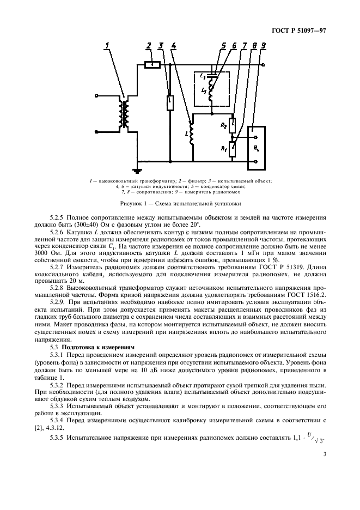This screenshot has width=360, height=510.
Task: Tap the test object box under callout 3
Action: click(170, 102)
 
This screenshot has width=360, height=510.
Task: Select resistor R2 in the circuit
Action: click(233, 126)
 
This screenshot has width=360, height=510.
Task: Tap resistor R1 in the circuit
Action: click(233, 148)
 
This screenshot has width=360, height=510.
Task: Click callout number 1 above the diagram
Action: click(108, 45)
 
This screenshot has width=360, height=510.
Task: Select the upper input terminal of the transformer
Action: click(96, 96)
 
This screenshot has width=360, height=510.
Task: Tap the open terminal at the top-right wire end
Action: click(264, 65)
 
